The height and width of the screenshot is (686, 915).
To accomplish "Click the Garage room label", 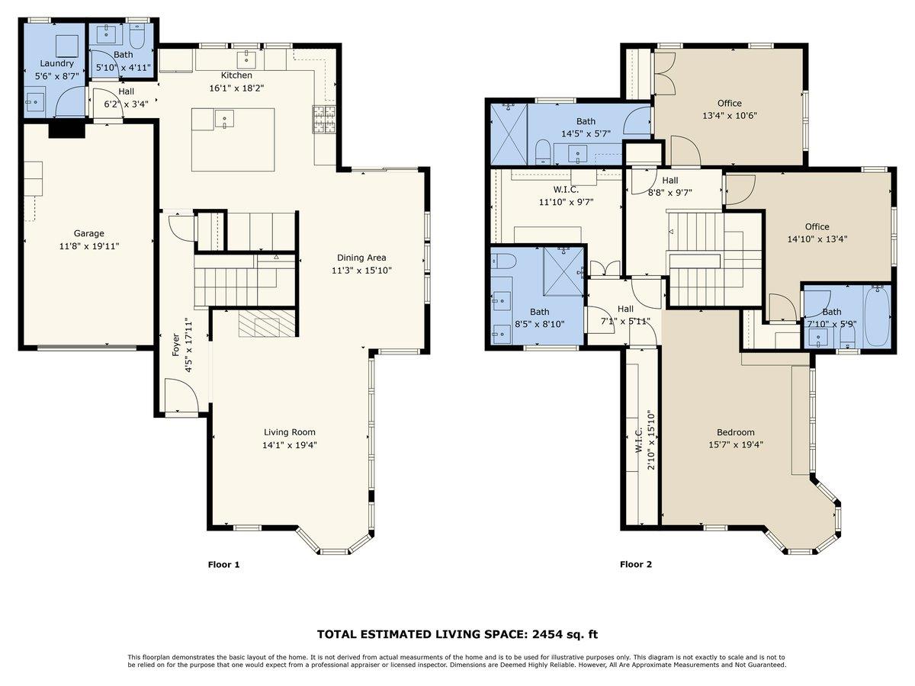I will [x=88, y=233].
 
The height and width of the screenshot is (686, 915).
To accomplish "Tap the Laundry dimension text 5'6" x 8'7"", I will [x=56, y=77].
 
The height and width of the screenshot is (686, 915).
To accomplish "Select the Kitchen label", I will [x=236, y=75].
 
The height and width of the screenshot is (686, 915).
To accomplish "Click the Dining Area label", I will [x=361, y=258].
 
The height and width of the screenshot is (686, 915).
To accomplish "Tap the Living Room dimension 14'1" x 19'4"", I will [x=289, y=444].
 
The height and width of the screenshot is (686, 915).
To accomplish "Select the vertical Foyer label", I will [x=175, y=345].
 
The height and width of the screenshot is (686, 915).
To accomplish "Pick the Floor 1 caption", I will [x=224, y=565].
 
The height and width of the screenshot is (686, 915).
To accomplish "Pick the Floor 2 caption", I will [x=636, y=565].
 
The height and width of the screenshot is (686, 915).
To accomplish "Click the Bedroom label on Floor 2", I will [x=736, y=432].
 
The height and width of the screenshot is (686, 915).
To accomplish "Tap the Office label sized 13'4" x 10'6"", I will [x=729, y=104].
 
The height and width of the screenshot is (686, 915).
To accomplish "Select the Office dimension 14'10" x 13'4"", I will [x=817, y=239].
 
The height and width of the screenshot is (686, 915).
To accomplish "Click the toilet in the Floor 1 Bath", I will [x=138, y=37].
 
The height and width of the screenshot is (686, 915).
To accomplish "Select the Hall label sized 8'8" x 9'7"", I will [x=669, y=181].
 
